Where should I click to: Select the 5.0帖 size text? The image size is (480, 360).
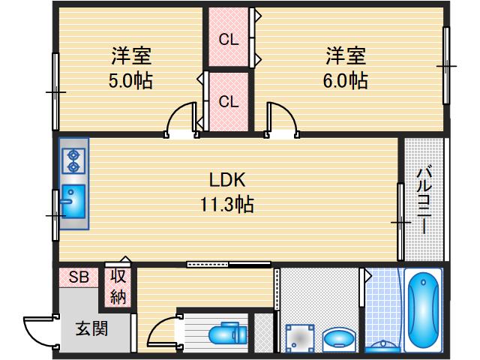(x=131, y=80)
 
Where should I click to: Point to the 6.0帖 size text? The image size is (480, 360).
(x=345, y=80)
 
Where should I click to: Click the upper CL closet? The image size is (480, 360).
(x=229, y=37)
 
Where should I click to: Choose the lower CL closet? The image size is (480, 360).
(x=229, y=100)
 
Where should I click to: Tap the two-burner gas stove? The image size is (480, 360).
(x=73, y=160)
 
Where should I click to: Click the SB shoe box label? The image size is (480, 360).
(x=79, y=277)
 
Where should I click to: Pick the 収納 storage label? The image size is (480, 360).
(x=119, y=286)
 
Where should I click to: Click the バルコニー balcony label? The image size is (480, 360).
(x=424, y=198)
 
